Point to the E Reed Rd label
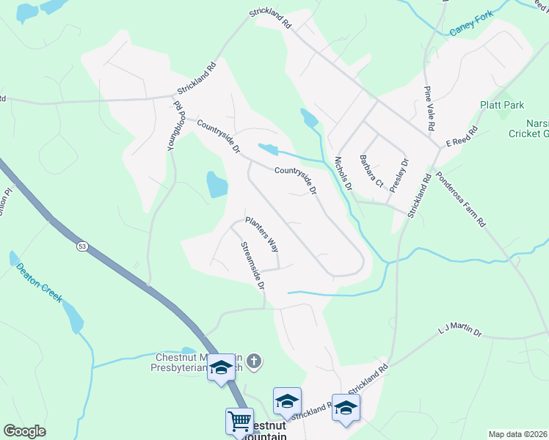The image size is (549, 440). [462, 138]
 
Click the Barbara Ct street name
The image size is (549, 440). [371, 170]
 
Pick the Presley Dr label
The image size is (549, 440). [399, 175]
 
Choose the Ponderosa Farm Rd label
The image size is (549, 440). [461, 199]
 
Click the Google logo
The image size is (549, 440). [24, 430]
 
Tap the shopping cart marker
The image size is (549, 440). [239, 422]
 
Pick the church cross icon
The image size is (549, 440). [253, 361]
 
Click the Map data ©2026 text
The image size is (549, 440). [517, 434]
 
